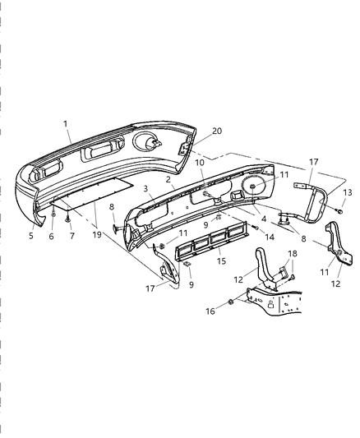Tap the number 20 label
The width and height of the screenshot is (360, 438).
pos(194,131)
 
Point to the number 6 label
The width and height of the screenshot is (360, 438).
pos(52,236)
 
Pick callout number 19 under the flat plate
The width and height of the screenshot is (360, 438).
pos(97,235)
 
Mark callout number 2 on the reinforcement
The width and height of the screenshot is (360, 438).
pos(168,178)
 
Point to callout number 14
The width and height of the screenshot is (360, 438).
pos(268,236)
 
